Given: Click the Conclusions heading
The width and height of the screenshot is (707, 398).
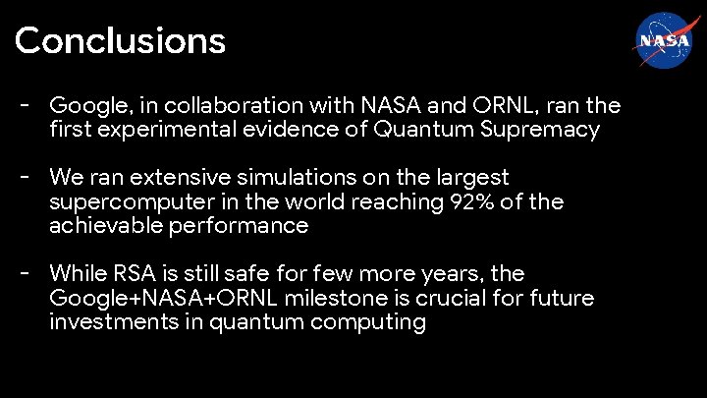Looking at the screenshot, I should tap(120, 41).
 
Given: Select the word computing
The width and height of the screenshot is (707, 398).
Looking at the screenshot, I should tap(372, 323).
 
